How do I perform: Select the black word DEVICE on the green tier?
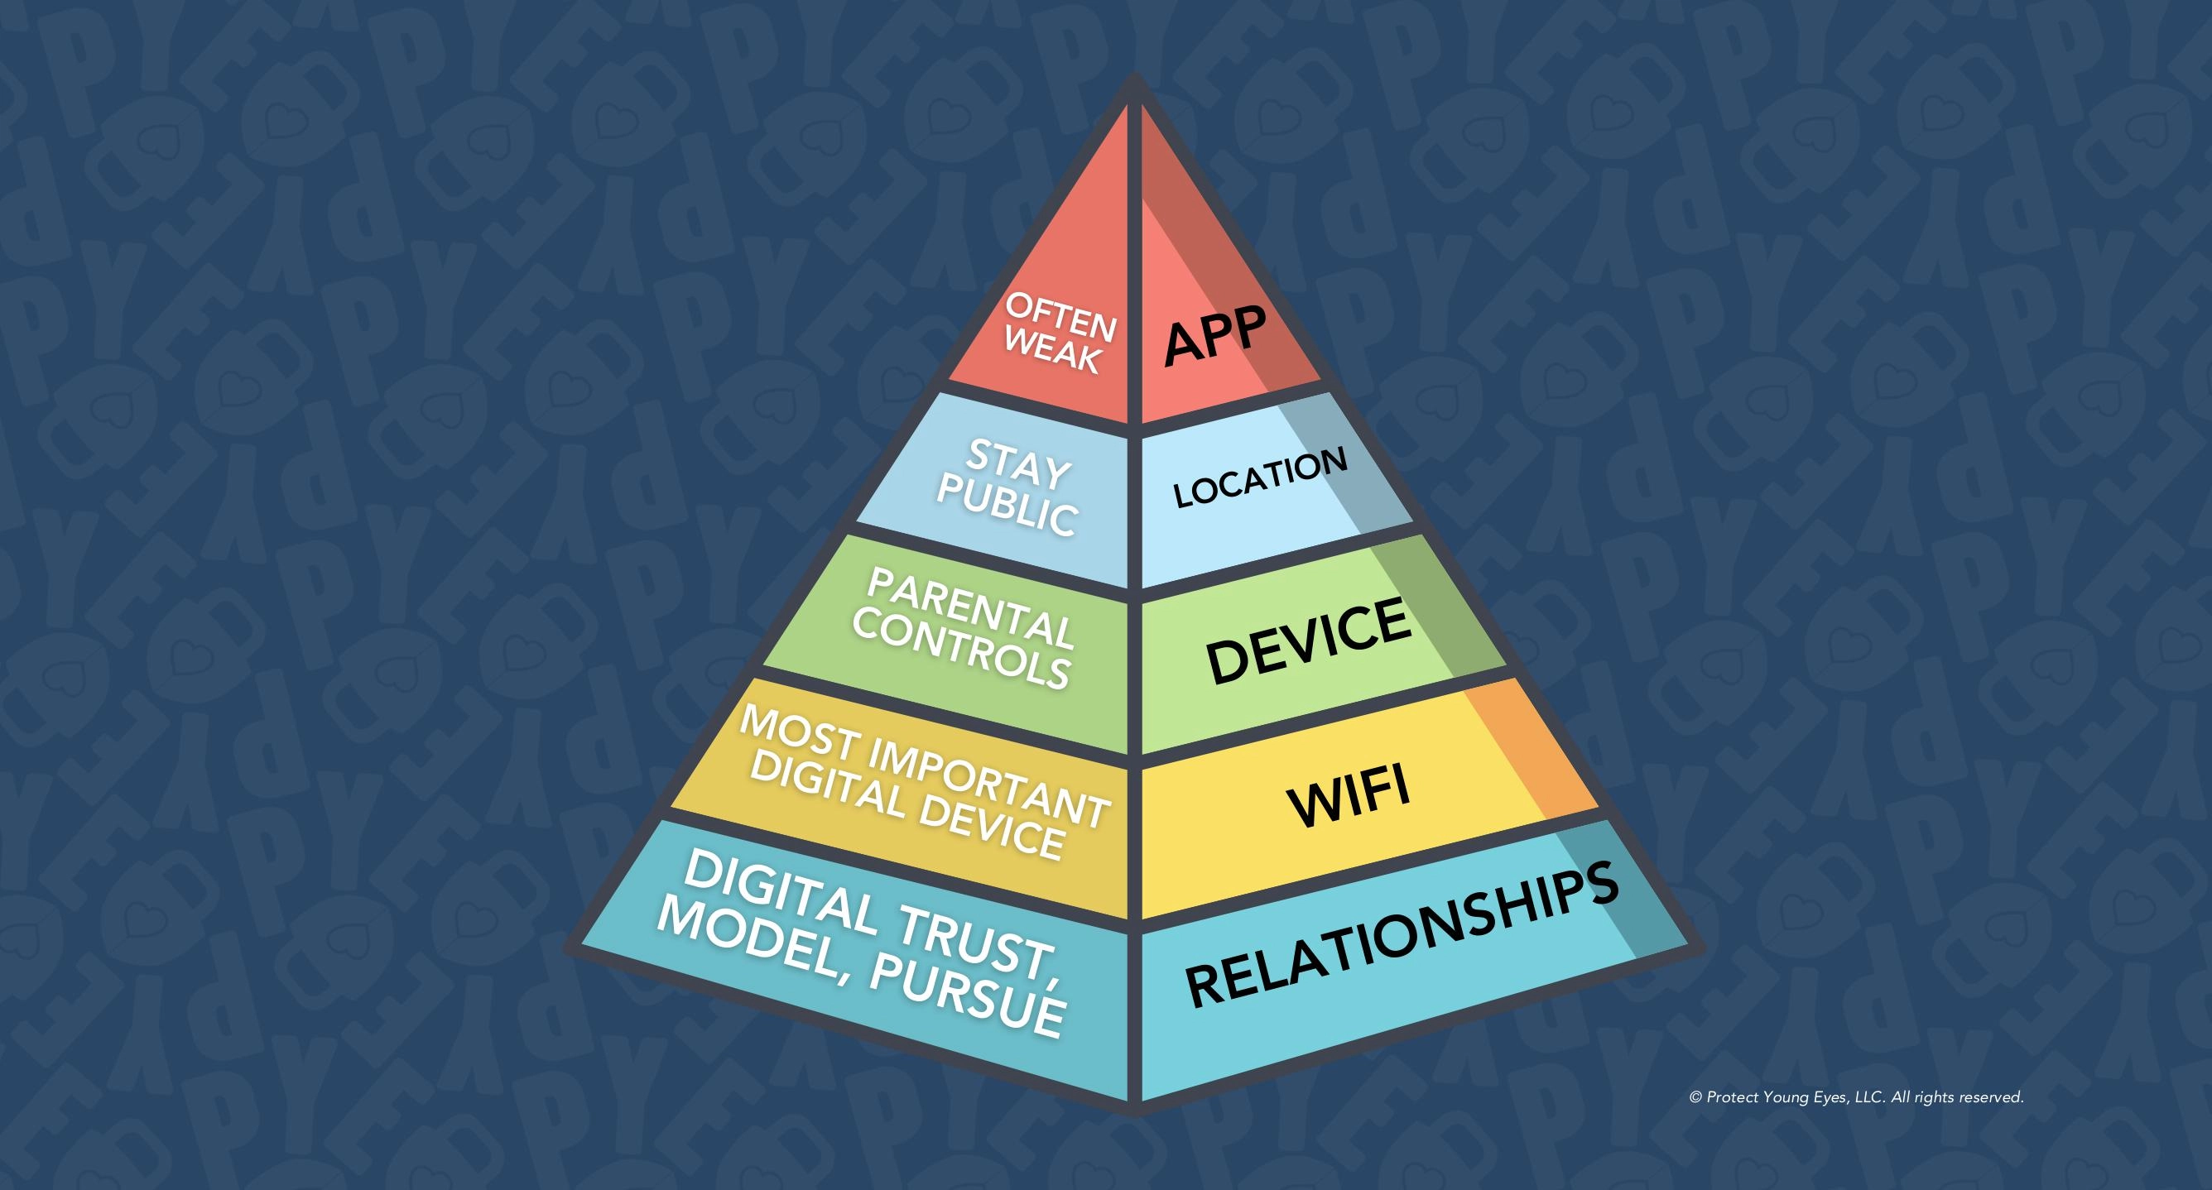coord(1309,641)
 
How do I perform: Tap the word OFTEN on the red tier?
coord(1061,316)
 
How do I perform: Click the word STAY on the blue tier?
coord(1019,463)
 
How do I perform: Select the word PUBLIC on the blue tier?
coord(1007,505)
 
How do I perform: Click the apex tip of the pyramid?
coord(1134,74)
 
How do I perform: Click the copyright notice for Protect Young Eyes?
coord(1857,1097)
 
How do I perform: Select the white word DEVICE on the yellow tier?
coord(991,823)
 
